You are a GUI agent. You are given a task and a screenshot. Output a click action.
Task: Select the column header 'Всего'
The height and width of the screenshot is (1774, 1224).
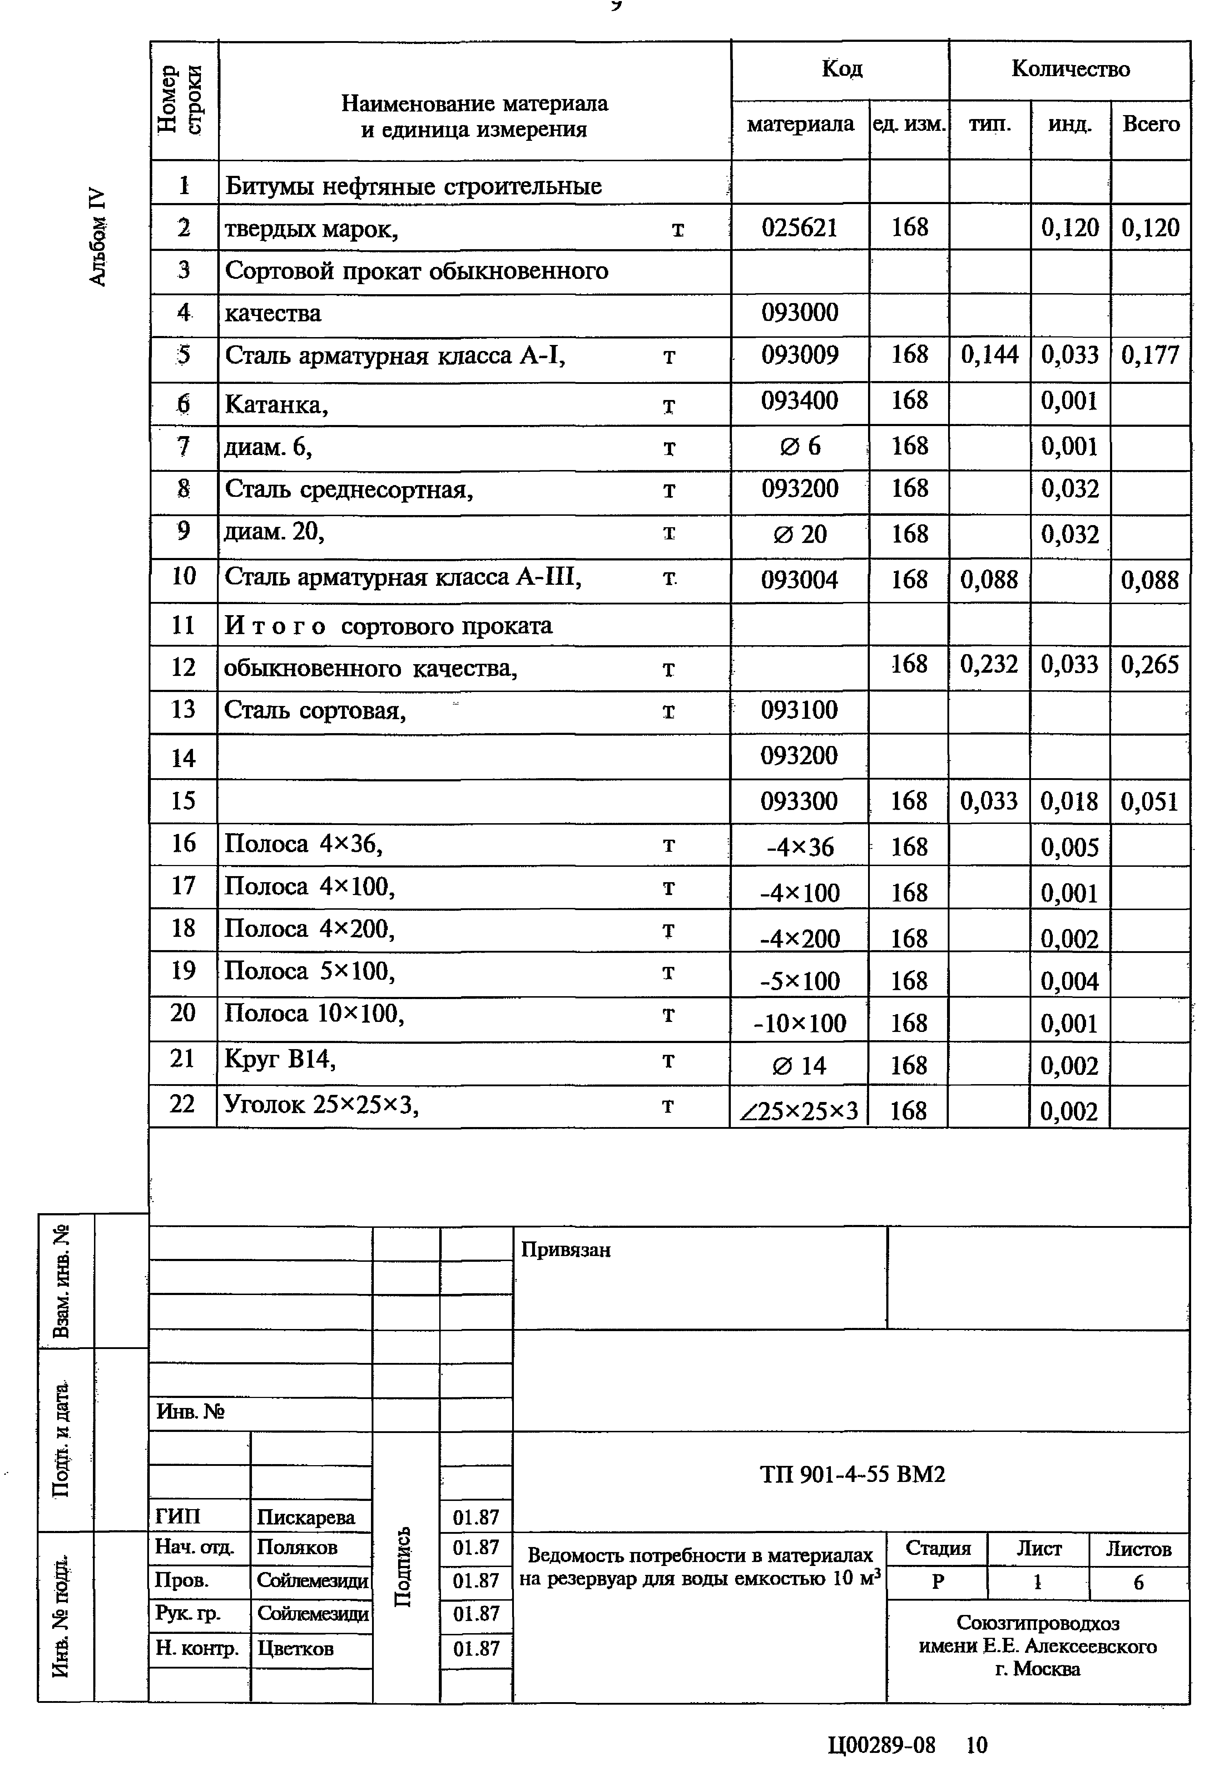point(1150,124)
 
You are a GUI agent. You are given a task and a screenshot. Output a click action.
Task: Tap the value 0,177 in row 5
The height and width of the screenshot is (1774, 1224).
point(1150,355)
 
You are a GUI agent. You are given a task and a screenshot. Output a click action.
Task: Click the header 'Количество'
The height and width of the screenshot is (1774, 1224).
point(1070,69)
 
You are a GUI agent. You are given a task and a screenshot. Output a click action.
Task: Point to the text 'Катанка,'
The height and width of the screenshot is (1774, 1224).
point(276,404)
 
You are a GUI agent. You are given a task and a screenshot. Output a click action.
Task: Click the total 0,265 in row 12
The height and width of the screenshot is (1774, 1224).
point(1150,664)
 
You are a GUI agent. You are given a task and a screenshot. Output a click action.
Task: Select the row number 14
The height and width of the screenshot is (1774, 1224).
point(183,758)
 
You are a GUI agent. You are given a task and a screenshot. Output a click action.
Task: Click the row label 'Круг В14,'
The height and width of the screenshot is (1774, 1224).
point(280,1059)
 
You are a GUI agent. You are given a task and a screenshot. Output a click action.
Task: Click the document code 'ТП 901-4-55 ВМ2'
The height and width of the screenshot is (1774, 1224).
point(852,1474)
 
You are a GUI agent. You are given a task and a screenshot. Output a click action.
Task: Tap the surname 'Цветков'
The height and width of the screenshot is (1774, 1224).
point(295,1648)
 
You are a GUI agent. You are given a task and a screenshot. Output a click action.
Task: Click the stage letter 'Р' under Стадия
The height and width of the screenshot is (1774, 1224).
point(937,1582)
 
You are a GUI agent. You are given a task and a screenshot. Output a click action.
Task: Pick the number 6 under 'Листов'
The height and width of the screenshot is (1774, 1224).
point(1138,1582)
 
